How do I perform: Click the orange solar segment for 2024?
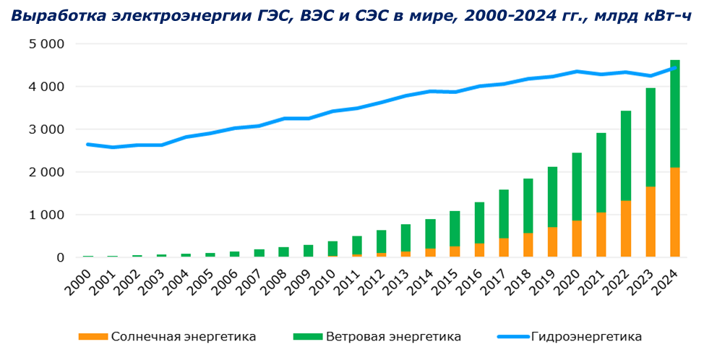click(x=675, y=212)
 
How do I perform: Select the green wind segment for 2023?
click(x=651, y=137)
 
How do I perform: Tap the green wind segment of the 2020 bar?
click(x=577, y=187)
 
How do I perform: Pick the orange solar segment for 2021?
click(x=601, y=235)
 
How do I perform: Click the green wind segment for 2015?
click(x=455, y=228)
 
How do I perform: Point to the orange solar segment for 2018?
click(x=528, y=245)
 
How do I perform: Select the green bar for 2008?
click(x=283, y=252)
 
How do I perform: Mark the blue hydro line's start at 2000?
click(x=88, y=145)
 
